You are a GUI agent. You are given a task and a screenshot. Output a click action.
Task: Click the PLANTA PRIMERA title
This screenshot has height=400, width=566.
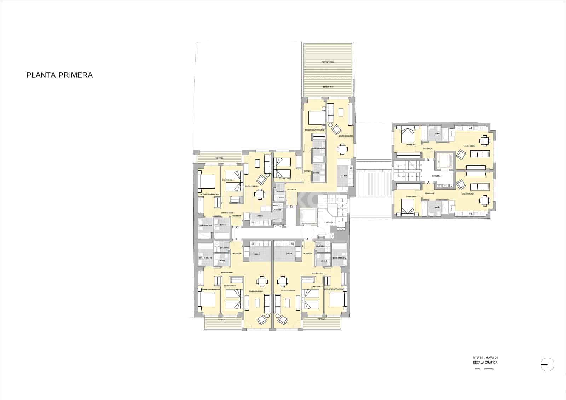59,75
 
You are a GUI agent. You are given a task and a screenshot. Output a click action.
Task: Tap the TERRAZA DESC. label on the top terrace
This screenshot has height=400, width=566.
328,62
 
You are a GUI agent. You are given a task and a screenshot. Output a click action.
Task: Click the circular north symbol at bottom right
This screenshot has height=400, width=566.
547,365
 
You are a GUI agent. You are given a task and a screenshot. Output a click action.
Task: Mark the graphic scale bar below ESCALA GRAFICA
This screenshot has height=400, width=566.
484,369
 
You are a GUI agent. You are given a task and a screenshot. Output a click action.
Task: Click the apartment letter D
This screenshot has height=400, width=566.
291,207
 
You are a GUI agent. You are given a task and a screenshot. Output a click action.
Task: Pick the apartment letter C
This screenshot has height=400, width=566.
237,227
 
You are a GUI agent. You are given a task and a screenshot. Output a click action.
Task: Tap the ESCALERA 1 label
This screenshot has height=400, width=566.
329,222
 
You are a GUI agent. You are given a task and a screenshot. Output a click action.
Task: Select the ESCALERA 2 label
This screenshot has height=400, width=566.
437,176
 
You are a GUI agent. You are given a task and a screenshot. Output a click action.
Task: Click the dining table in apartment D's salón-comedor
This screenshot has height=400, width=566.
342,149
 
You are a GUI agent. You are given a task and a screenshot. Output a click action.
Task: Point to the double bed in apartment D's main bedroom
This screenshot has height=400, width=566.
316,118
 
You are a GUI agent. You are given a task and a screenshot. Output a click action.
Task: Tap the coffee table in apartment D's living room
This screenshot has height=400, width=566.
341,112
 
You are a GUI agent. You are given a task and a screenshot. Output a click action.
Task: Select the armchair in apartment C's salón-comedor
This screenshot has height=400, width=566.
261,179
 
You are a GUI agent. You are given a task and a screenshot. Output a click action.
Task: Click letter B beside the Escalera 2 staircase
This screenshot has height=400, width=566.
429,160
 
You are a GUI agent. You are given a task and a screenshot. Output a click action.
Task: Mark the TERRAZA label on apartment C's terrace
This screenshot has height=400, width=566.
220,158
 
